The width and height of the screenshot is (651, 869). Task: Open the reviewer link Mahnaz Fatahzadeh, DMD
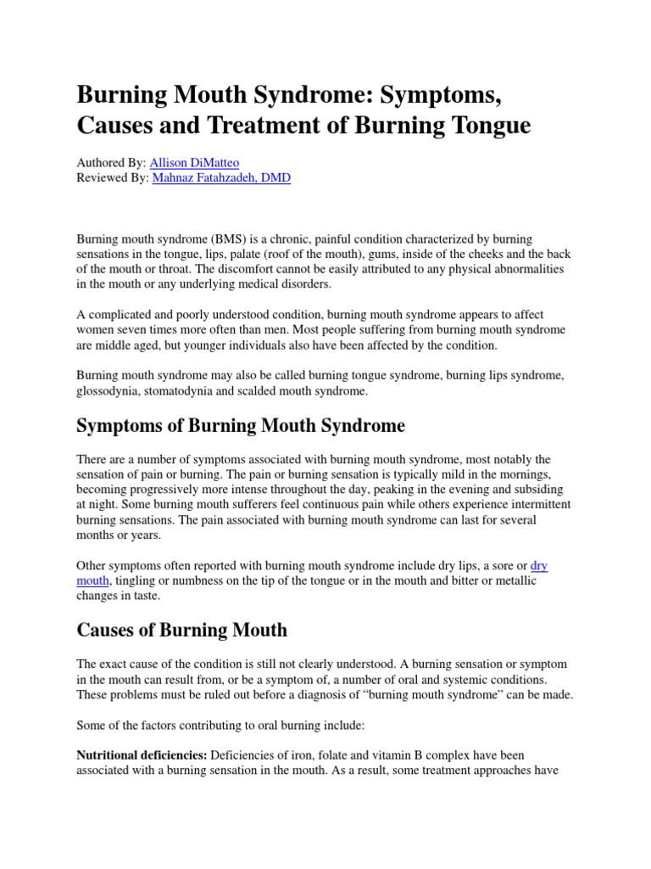tap(221, 179)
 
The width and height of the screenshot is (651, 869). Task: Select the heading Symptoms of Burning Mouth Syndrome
tap(242, 425)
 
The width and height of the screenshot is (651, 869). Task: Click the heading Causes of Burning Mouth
tap(182, 631)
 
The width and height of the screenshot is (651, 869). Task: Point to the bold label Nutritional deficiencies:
tap(142, 754)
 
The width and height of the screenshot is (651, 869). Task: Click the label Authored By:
tap(111, 162)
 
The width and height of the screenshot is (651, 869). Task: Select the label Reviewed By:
tap(113, 179)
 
